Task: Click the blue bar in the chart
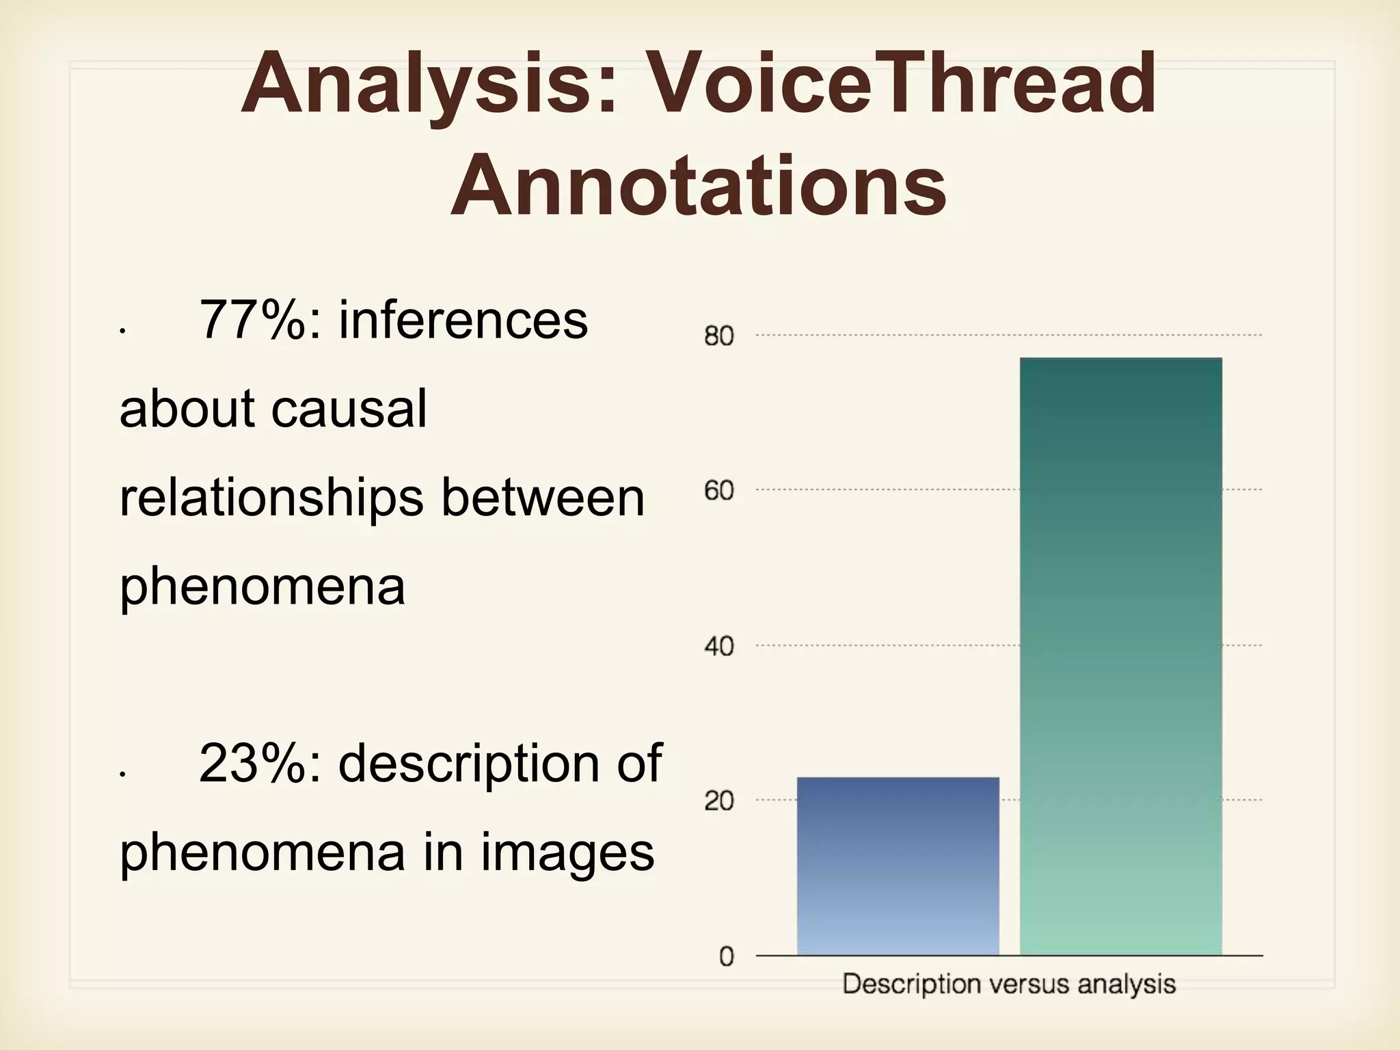click(898, 866)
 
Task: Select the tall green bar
click(1120, 656)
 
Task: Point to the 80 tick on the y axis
click(719, 336)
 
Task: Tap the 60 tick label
click(719, 491)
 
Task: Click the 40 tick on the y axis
click(719, 646)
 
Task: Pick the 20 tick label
click(719, 801)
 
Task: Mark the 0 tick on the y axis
click(727, 956)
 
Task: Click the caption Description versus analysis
click(1009, 984)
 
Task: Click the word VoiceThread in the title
click(900, 84)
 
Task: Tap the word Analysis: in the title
click(429, 84)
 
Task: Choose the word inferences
click(463, 320)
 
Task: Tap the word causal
click(349, 409)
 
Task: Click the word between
click(543, 498)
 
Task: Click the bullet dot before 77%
click(122, 331)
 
